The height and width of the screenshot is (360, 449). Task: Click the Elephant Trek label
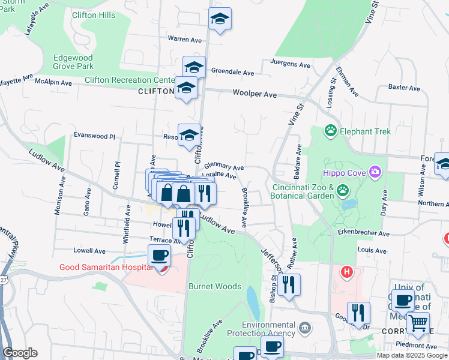coord(365,131)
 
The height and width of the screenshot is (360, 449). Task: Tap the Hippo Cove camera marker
coord(375,173)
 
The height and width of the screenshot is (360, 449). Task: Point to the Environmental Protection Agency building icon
coord(305,328)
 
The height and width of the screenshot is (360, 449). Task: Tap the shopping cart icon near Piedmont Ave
coord(418,323)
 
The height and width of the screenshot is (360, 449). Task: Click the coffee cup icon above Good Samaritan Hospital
coord(160,255)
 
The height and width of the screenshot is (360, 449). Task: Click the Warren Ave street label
coord(185,40)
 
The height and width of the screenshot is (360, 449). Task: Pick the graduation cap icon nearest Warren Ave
coord(220,19)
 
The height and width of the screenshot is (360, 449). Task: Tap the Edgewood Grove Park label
coord(73,62)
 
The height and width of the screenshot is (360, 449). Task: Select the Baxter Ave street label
coord(404,88)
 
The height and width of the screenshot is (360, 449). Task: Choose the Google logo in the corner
coord(20,352)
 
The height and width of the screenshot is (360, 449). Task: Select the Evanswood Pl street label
coord(94,136)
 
